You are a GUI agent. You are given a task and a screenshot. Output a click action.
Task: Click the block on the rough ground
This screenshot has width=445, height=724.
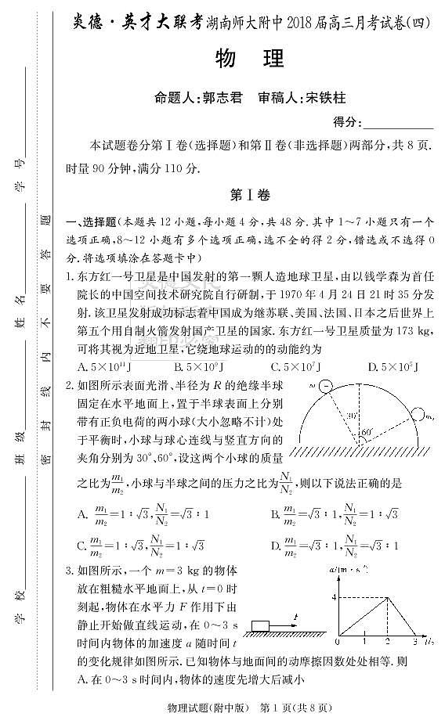pos(262,624)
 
